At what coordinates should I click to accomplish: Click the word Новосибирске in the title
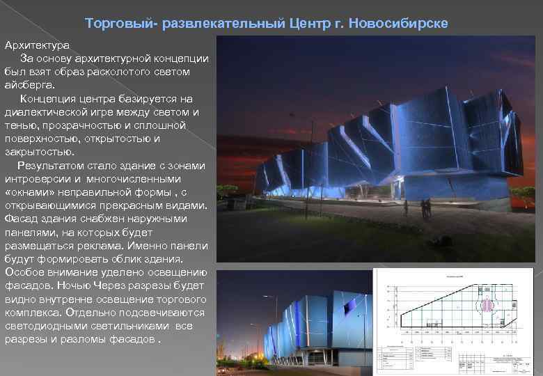[x=408, y=24]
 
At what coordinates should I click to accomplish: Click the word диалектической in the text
[x=45, y=111]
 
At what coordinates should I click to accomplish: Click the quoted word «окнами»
[x=26, y=191]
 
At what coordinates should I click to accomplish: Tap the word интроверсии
[x=36, y=178]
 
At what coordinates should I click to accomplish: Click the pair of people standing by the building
[x=425, y=208]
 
